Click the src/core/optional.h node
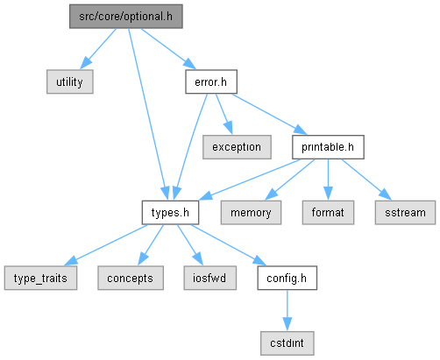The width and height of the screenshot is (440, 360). coord(126,17)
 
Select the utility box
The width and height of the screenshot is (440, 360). coord(70,81)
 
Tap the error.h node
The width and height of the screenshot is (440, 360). coord(211,81)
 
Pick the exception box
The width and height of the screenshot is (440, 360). coord(237,147)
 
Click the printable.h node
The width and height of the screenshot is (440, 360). coord(328,147)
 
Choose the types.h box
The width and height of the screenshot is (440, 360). coord(170,213)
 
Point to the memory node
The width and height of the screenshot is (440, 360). coord(251,213)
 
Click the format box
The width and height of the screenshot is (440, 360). coord(328,213)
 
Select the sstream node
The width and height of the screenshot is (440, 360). coord(405,213)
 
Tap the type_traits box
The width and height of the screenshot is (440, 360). coord(40,278)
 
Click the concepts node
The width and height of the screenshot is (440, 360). coord(131,278)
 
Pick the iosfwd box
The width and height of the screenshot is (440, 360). coord(210,278)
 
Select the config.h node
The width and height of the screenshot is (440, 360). coord(287,278)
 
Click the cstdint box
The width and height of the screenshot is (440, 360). coord(287,343)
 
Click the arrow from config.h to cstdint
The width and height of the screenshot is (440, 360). coord(287,310)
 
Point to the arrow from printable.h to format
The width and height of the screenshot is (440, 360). coord(328,180)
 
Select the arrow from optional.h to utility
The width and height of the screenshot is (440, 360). coord(98,49)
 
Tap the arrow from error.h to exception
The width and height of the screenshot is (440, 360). coord(224,114)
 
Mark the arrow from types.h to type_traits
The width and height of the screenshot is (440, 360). coord(106,245)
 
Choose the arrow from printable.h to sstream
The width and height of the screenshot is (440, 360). coord(366,180)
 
